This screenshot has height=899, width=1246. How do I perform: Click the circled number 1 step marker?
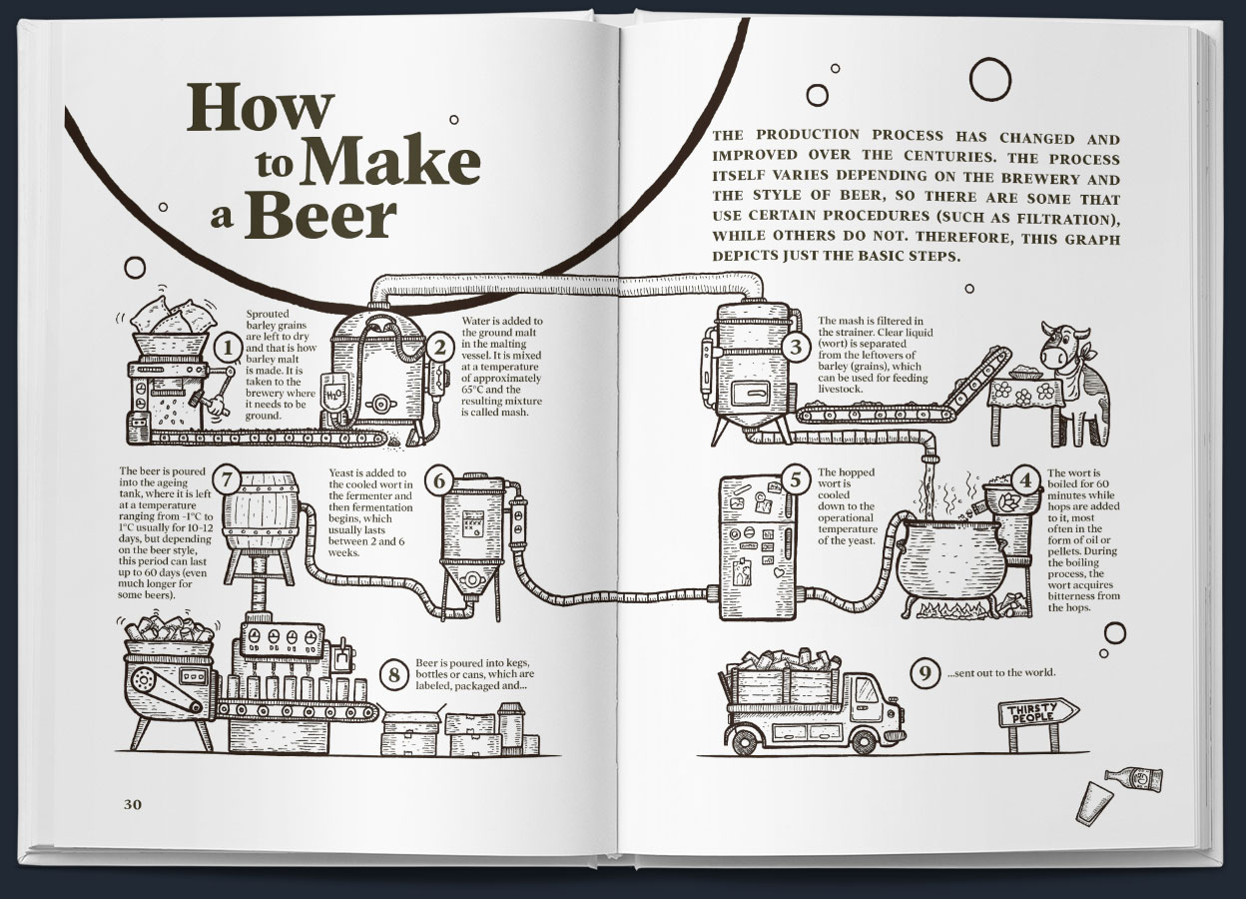pyautogui.click(x=229, y=348)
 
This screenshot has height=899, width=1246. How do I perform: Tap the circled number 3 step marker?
pyautogui.click(x=795, y=348)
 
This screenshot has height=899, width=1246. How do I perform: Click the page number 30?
pyautogui.click(x=134, y=805)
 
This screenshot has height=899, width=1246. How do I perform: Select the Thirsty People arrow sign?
pyautogui.click(x=1037, y=712)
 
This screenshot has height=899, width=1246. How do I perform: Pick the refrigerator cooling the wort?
pyautogui.click(x=756, y=549)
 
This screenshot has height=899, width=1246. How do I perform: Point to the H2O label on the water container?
pyautogui.click(x=333, y=395)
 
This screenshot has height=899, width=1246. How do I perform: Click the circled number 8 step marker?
pyautogui.click(x=395, y=675)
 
